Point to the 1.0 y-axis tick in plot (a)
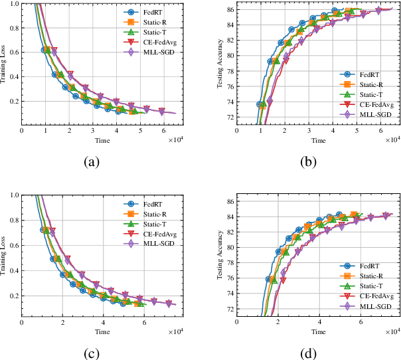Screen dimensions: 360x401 (15, 4)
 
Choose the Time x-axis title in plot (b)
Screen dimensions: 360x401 (319, 140)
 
